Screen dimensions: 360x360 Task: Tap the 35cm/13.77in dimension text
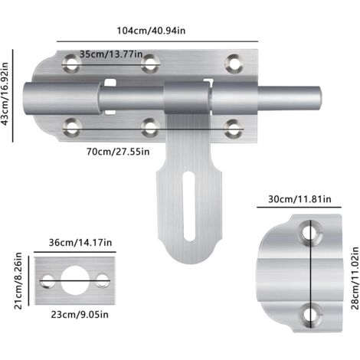click(x=112, y=55)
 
